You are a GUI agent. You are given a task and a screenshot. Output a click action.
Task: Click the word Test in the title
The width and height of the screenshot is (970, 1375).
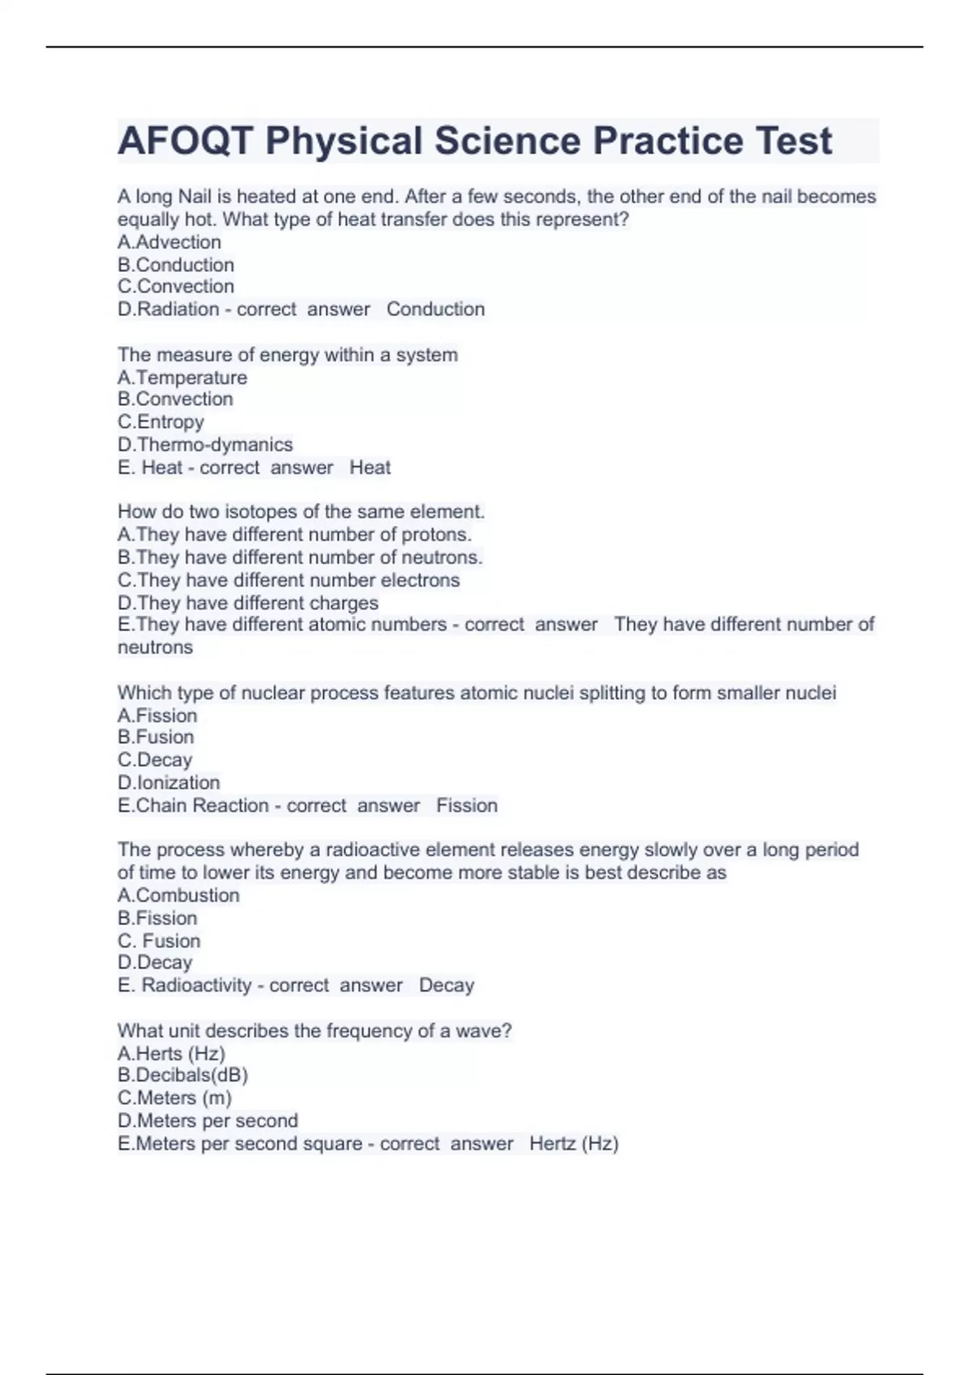pos(793,141)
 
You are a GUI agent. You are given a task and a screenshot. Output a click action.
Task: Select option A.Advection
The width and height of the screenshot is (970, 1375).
pos(169,242)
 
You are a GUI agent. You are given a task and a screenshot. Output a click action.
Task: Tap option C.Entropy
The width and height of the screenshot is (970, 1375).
pos(161,422)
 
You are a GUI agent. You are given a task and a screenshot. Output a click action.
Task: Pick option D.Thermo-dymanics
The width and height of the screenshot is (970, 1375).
pos(205,445)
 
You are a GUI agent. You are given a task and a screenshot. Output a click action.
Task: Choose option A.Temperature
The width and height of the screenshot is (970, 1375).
pos(183,378)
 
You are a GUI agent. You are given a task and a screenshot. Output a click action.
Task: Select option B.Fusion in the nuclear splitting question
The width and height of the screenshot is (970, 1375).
pos(156,737)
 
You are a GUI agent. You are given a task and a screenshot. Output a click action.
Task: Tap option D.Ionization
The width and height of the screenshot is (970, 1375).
pos(169,783)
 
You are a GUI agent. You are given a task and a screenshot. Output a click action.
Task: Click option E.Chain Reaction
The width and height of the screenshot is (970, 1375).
pos(193,806)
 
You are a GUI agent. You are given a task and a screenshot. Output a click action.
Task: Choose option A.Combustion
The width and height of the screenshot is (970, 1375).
pos(179,895)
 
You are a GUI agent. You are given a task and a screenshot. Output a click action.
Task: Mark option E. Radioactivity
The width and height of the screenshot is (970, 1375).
pos(185,985)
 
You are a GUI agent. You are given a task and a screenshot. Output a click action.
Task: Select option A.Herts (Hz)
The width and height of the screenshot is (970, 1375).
pos(171,1053)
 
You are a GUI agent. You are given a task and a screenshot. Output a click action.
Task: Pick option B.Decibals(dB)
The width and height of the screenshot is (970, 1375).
pos(183,1075)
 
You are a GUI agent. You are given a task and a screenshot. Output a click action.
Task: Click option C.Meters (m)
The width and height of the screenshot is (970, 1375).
pos(175,1098)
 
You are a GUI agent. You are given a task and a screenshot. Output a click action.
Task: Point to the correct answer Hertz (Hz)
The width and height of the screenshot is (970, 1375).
pos(574,1144)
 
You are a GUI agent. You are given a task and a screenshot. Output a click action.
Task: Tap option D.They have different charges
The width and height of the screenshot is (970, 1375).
pos(248,603)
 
